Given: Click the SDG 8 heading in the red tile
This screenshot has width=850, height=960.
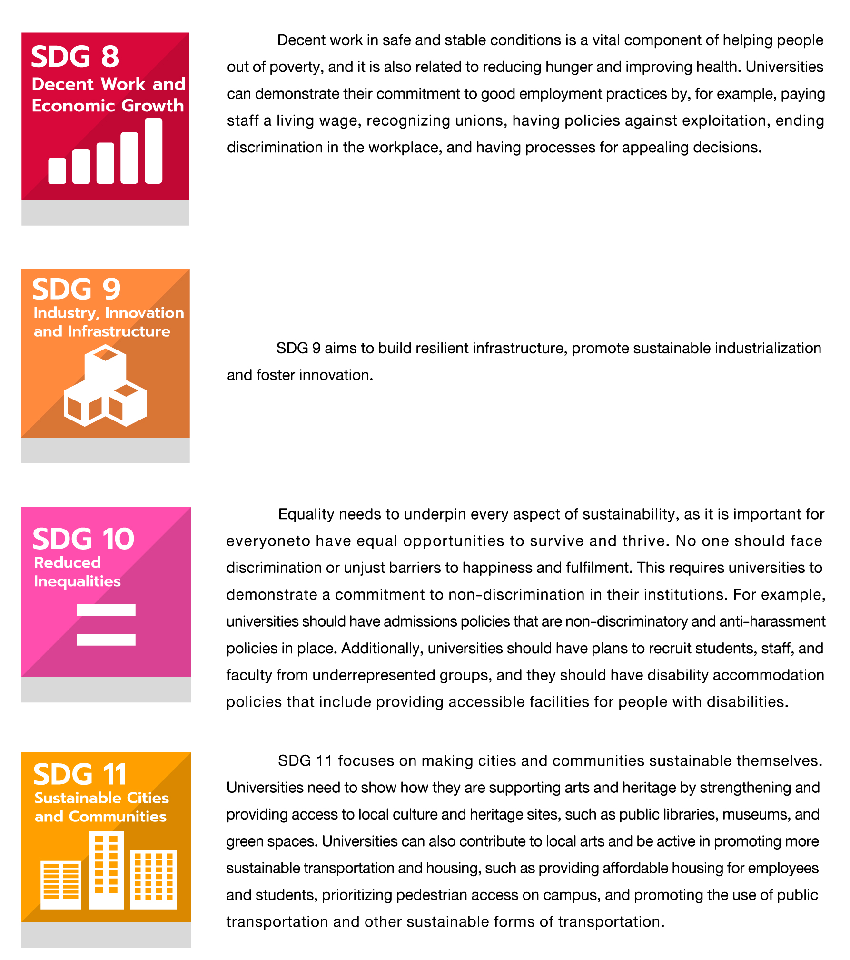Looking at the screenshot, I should (x=75, y=57).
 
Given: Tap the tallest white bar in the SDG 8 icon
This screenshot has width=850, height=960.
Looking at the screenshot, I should (x=153, y=150).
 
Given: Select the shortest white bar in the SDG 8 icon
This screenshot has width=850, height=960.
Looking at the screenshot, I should (x=57, y=170).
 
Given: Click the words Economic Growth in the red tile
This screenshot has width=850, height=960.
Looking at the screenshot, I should (x=108, y=106).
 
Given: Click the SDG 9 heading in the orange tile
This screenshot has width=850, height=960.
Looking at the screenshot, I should (x=76, y=289).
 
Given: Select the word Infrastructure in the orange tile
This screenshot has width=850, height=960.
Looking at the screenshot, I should (x=119, y=331).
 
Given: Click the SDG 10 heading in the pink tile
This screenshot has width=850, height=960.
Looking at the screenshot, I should (x=83, y=539).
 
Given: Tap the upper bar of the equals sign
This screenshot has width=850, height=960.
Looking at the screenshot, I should (x=106, y=610).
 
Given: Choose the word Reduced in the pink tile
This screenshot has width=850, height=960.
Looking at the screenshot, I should (x=68, y=563).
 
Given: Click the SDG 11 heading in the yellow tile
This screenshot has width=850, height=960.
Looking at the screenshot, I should (x=79, y=775).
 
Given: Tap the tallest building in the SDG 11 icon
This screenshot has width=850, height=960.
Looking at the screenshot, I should (x=106, y=870).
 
